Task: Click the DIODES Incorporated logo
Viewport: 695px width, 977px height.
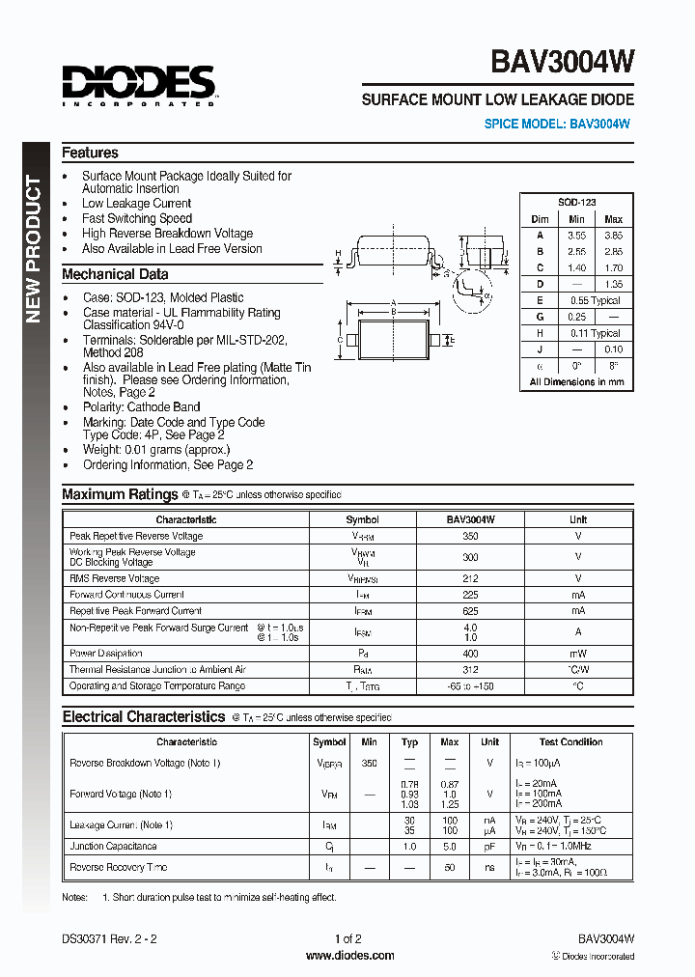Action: [139, 84]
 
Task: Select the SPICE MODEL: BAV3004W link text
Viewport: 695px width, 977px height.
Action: [558, 124]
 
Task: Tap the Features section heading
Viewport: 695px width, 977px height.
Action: [90, 153]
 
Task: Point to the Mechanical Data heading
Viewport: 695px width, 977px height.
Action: [115, 274]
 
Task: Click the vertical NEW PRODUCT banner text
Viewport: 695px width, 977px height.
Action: [34, 249]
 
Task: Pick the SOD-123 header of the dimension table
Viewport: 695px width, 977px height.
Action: [576, 202]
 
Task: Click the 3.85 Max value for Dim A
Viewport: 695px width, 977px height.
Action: [613, 235]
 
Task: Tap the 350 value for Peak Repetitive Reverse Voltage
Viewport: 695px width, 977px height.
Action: [470, 536]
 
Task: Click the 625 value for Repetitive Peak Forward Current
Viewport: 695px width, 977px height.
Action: [470, 611]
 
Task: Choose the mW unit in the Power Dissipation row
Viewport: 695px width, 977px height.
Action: [578, 654]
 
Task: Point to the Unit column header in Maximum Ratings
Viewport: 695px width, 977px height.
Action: [578, 519]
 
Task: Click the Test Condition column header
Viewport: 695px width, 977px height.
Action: [570, 742]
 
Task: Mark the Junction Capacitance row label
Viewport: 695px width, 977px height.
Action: [113, 846]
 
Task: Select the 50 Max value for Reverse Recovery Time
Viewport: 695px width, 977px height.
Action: [450, 867]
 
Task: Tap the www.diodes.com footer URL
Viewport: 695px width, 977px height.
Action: [349, 956]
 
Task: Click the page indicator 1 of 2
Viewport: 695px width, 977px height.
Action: [347, 938]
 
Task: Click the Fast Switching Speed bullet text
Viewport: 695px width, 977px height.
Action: [137, 218]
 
